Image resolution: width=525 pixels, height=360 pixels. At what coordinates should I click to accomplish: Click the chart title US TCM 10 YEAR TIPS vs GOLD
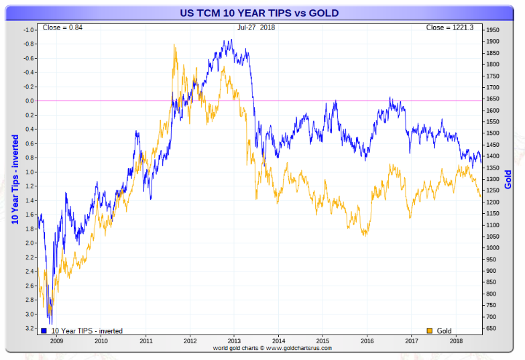pos(259,13)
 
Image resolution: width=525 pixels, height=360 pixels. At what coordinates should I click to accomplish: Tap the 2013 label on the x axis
pos(234,341)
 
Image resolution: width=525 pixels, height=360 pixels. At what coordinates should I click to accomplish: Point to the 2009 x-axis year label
pos(56,341)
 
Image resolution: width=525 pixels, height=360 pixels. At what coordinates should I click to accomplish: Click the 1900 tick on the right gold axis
pos(493,42)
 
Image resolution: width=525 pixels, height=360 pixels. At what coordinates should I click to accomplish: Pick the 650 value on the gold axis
pos(491,328)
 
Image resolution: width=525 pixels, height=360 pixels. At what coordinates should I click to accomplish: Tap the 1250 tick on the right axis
pos(493,190)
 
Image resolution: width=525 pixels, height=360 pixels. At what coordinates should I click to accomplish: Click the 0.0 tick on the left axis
pos(28,101)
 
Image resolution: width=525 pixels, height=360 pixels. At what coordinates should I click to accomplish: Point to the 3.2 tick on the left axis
pos(28,328)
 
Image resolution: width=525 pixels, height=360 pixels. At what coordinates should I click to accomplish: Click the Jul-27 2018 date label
pos(256,27)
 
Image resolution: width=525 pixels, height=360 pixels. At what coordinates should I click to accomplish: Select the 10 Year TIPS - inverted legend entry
pos(83,331)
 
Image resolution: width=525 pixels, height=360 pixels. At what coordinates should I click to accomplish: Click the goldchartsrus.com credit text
pos(263,348)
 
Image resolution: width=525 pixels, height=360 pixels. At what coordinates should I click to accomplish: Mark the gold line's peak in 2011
pos(174,45)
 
